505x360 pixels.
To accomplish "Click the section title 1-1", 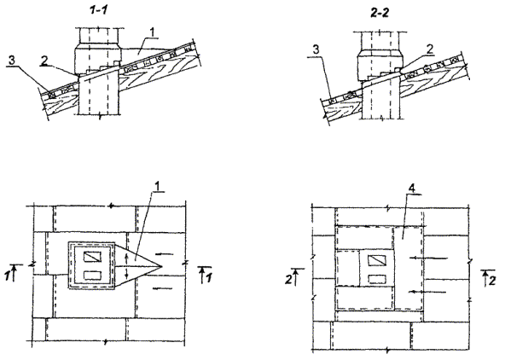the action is [98, 10].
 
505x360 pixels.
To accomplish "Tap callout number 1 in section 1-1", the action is [152, 32].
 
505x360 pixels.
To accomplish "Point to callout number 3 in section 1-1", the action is [11, 61].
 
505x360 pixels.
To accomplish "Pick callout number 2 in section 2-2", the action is [430, 49].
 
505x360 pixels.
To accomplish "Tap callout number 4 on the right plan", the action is [412, 189].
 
